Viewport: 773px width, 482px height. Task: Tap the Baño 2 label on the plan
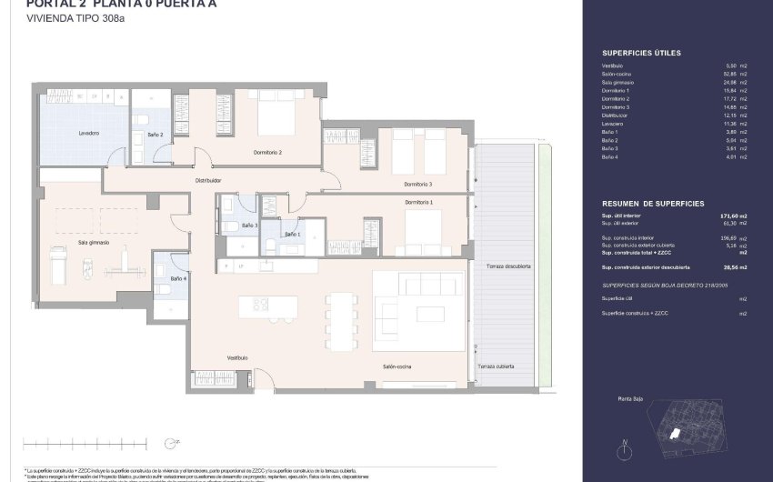click(155, 135)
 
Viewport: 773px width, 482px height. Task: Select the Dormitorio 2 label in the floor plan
click(267, 153)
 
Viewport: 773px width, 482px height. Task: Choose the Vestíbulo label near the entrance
click(237, 357)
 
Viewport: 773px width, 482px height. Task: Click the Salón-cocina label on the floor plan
click(397, 366)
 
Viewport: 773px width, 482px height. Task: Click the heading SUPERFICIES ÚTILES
click(641, 54)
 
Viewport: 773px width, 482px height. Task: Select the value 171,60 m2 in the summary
click(733, 216)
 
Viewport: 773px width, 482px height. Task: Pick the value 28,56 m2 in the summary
click(733, 267)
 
